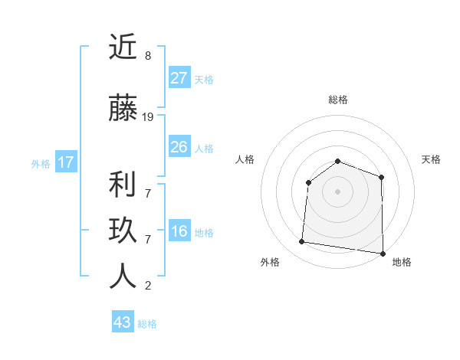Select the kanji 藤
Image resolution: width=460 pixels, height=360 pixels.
[x=123, y=110]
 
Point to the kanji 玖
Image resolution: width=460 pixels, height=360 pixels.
[x=123, y=231]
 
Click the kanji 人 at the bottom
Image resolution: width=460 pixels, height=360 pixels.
[x=123, y=276]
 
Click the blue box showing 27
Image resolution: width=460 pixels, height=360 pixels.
[x=179, y=78]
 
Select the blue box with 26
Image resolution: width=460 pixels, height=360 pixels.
[x=179, y=147]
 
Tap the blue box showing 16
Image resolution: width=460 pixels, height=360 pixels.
[x=179, y=232]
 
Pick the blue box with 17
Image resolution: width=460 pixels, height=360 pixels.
[x=65, y=162]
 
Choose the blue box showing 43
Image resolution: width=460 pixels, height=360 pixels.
[x=123, y=322]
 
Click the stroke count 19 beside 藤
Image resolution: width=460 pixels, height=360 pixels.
[x=148, y=117]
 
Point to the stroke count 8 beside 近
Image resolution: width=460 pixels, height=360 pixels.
[x=147, y=56]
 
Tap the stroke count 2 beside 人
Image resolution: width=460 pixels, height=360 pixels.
[x=147, y=286]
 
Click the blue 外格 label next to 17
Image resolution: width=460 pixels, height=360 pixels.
[x=41, y=163]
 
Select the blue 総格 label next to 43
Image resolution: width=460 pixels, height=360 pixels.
[x=147, y=324]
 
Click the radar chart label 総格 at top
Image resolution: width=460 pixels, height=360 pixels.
[x=337, y=100]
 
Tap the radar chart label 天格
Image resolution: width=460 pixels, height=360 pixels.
[x=431, y=159]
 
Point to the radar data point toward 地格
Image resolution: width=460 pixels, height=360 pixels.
[x=383, y=253]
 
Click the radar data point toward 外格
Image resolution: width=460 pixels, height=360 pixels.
[x=302, y=242]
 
